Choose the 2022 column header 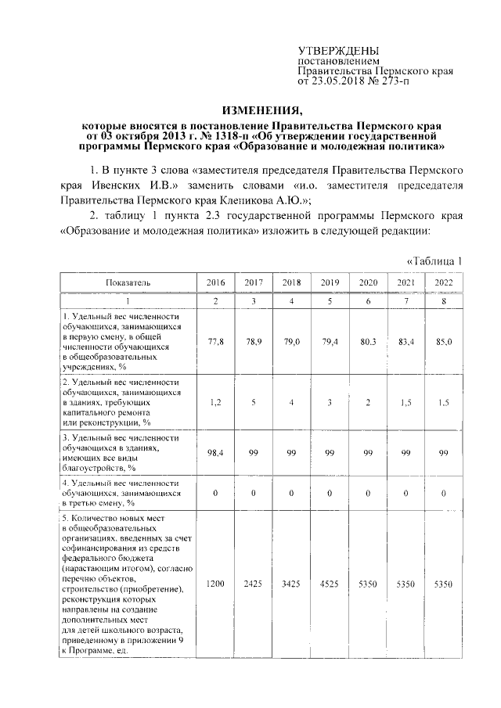pyautogui.click(x=443, y=282)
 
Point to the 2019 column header pyautogui.click(x=329, y=282)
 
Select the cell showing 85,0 pyautogui.click(x=443, y=342)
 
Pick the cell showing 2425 pyautogui.click(x=252, y=584)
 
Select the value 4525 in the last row pyautogui.click(x=329, y=584)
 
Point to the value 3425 pyautogui.click(x=290, y=584)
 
